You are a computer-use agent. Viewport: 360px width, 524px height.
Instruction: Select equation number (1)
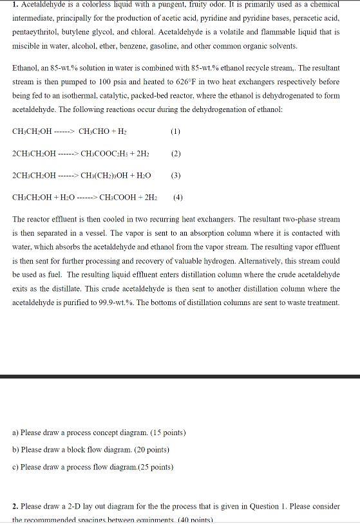click(x=176, y=131)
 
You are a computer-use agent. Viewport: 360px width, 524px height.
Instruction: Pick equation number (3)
click(x=176, y=175)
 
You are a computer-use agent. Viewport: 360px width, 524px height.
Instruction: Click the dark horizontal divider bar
click(x=180, y=376)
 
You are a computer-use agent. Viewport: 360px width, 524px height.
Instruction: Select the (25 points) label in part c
click(x=152, y=467)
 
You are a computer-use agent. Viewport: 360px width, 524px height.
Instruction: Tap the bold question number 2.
click(x=15, y=506)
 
